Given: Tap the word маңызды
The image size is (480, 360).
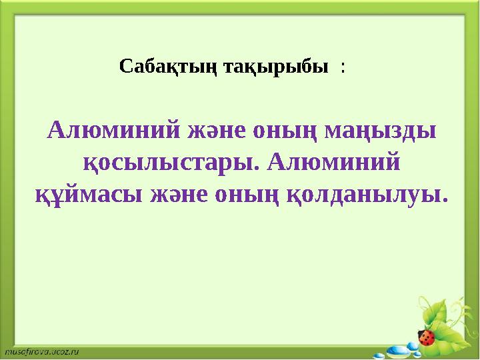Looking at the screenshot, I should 380,131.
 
